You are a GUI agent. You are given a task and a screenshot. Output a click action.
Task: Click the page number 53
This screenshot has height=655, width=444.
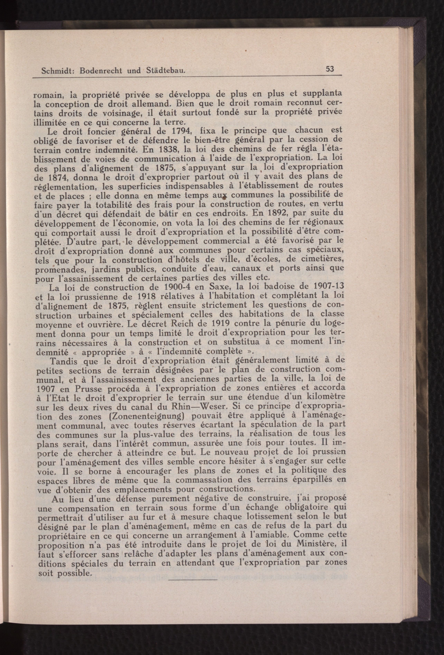330,69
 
